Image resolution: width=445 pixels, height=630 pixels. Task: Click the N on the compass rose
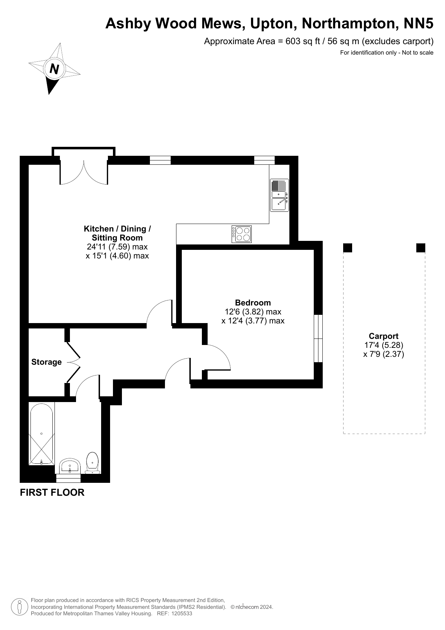pyautogui.click(x=54, y=69)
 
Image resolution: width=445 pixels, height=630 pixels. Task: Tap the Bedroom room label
pyautogui.click(x=253, y=303)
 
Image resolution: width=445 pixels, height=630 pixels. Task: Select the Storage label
pyautogui.click(x=47, y=362)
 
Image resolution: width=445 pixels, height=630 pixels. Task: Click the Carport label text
pyautogui.click(x=384, y=336)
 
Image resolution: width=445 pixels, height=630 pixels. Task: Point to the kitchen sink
pyautogui.click(x=279, y=195)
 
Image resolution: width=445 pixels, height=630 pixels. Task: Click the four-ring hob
pyautogui.click(x=242, y=234)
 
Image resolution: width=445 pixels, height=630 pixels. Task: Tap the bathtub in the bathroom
pyautogui.click(x=42, y=434)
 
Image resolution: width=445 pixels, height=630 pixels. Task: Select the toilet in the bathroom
pyautogui.click(x=93, y=462)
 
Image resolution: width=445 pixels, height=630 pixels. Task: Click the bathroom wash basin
pyautogui.click(x=70, y=466)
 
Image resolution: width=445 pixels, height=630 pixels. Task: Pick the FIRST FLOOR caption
pyautogui.click(x=52, y=493)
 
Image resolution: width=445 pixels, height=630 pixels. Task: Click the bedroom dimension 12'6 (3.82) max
pyautogui.click(x=253, y=312)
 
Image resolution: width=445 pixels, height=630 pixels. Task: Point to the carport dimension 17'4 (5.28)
pyautogui.click(x=384, y=345)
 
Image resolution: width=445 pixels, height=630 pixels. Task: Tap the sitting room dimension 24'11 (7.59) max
pyautogui.click(x=117, y=247)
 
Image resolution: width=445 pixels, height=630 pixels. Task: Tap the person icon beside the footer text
pyautogui.click(x=20, y=607)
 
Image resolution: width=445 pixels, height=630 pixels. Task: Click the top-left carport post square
pyautogui.click(x=348, y=248)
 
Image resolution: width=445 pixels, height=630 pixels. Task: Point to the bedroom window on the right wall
pyautogui.click(x=318, y=339)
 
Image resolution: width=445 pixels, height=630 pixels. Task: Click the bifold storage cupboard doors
pyautogui.click(x=73, y=362)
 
